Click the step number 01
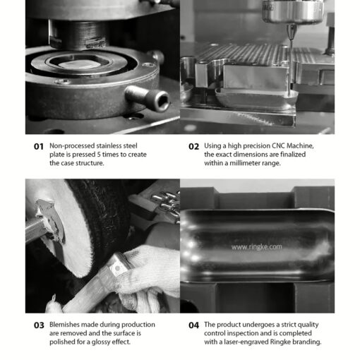pyautogui.click(x=39, y=146)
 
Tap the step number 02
pyautogui.click(x=193, y=146)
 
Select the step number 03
pyautogui.click(x=39, y=325)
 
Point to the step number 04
pyautogui.click(x=193, y=325)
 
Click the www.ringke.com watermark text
pyautogui.click(x=256, y=247)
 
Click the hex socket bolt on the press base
pyautogui.click(x=148, y=97)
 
